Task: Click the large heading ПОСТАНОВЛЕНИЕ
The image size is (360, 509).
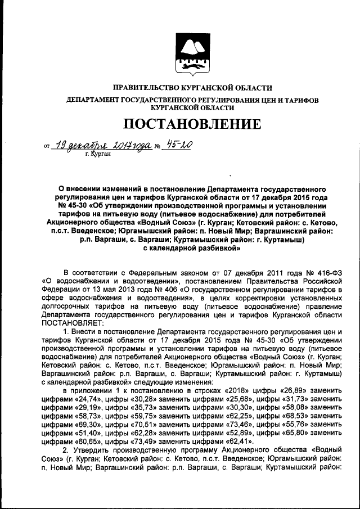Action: pos(192,124)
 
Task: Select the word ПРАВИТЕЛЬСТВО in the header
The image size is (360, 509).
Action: pos(147,88)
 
